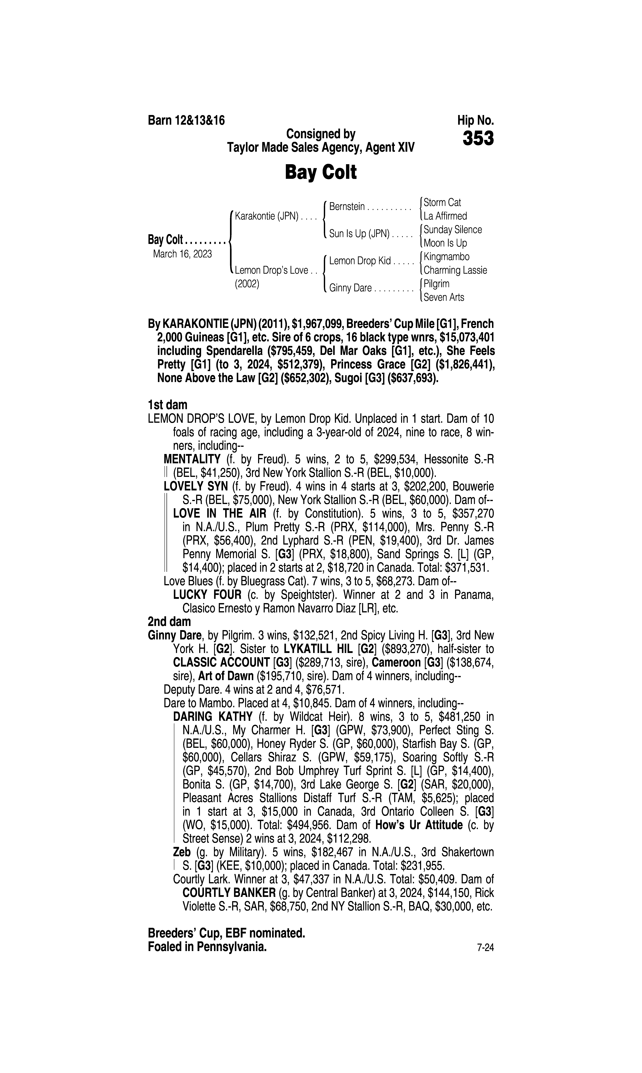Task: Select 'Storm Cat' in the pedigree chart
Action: click(x=442, y=202)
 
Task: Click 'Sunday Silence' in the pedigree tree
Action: click(x=452, y=230)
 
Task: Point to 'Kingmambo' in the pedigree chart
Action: click(x=446, y=257)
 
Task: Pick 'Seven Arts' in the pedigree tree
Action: click(x=444, y=297)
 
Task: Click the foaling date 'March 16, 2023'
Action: click(x=182, y=254)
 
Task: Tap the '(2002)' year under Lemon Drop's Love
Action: click(x=247, y=284)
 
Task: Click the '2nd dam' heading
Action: click(x=169, y=622)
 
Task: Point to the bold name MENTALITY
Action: click(x=192, y=459)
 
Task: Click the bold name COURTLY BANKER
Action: click(x=229, y=893)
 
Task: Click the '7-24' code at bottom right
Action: click(x=485, y=948)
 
